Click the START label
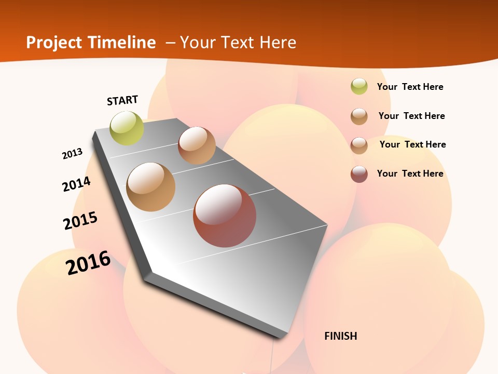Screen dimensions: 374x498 click(x=122, y=100)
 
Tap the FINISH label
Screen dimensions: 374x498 click(x=340, y=336)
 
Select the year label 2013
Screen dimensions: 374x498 click(x=72, y=154)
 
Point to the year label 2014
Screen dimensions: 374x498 click(x=76, y=184)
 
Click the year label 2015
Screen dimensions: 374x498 click(x=80, y=220)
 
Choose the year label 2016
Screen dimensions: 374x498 click(x=88, y=262)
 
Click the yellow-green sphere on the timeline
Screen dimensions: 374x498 click(x=127, y=128)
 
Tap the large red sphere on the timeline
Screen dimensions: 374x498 click(x=225, y=216)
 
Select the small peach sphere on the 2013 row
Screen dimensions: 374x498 click(x=197, y=145)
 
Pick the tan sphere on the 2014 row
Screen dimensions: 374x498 click(x=151, y=187)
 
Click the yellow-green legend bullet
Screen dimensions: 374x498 click(x=359, y=86)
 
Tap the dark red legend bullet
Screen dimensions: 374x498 click(x=359, y=174)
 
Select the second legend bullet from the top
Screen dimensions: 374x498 click(x=359, y=116)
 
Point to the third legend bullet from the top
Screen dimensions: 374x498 click(x=359, y=145)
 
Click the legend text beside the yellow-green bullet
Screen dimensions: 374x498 click(x=410, y=87)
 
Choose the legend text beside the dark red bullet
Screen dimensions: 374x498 click(x=410, y=173)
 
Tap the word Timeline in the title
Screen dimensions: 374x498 click(x=124, y=43)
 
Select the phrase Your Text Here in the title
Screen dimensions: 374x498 click(x=238, y=43)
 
